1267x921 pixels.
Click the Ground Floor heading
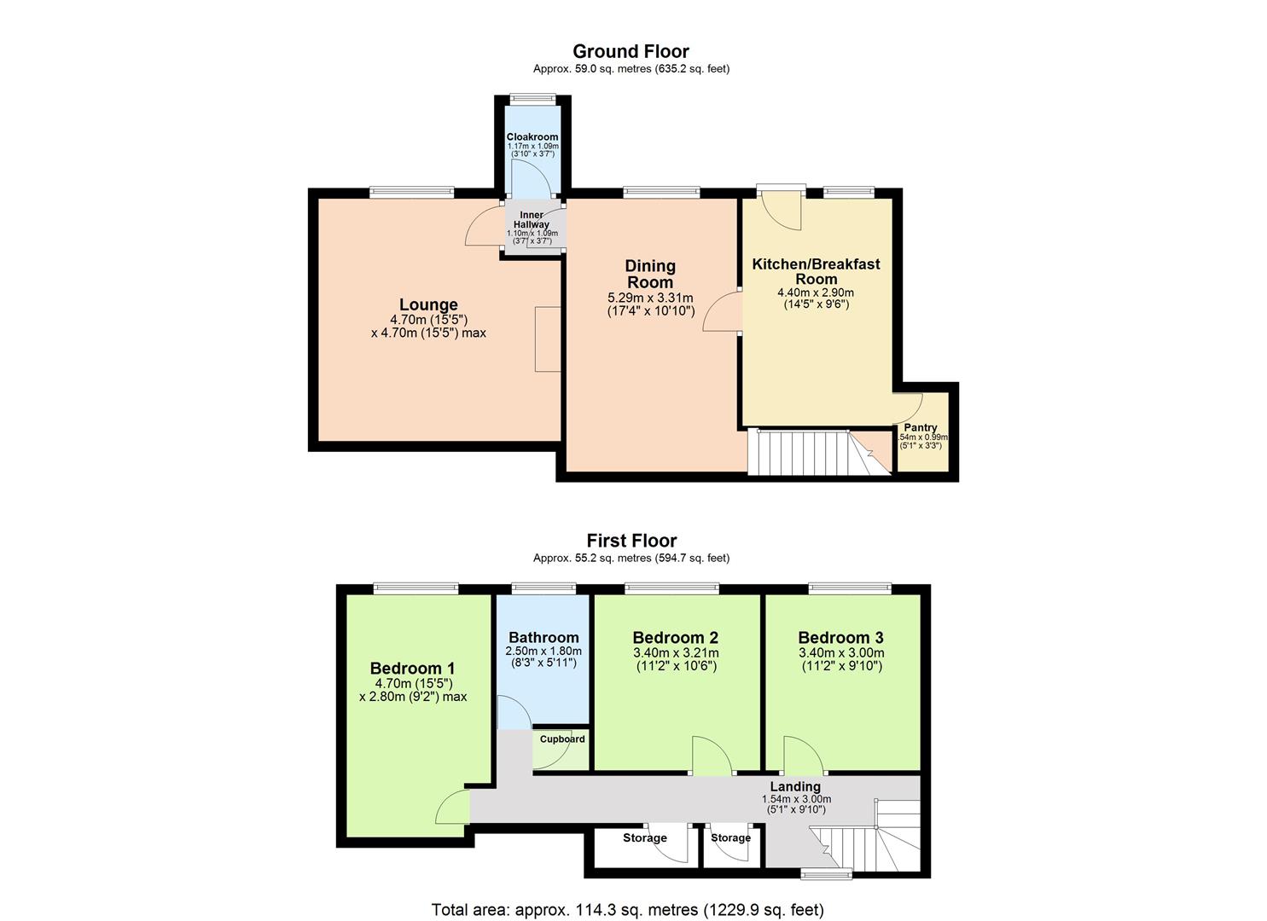[x=631, y=52]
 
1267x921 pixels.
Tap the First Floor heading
[x=631, y=541]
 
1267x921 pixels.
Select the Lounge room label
[x=428, y=304]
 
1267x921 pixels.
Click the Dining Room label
[x=650, y=274]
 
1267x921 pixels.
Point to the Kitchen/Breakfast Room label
[x=816, y=271]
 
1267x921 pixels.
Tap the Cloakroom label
[x=532, y=136]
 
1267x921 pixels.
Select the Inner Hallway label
[x=532, y=219]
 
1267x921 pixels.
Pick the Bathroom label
[x=543, y=637]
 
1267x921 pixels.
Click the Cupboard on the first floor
[x=561, y=739]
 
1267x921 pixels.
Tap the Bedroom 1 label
[x=412, y=669]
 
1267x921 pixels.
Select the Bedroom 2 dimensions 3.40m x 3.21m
[x=675, y=653]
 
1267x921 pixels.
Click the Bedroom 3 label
[x=840, y=637]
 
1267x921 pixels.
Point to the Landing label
[x=795, y=786]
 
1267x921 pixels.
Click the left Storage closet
[x=644, y=838]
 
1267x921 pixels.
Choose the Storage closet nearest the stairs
[x=730, y=838]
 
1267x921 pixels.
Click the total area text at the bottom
[x=628, y=910]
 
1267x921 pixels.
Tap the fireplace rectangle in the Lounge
[x=547, y=339]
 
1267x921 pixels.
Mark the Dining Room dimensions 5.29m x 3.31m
[x=650, y=298]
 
